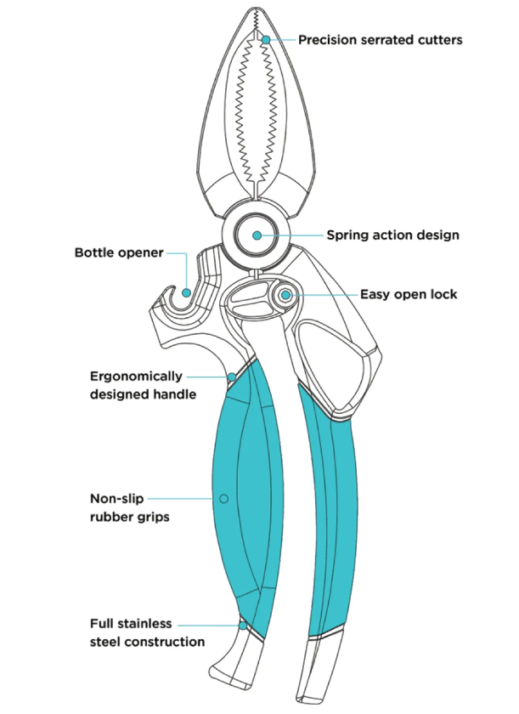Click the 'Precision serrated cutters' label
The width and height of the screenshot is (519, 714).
coord(380,40)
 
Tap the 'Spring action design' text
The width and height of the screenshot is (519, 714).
coord(392,235)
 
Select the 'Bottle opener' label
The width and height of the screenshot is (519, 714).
coord(118,252)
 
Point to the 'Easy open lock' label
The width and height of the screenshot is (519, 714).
coord(409,294)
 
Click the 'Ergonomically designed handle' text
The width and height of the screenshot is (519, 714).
coord(136,384)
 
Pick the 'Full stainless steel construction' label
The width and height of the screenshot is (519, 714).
coord(147,632)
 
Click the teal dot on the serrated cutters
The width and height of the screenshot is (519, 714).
coord(266,40)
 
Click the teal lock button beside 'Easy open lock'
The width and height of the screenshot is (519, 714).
coord(286,294)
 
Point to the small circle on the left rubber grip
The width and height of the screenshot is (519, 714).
coord(223,498)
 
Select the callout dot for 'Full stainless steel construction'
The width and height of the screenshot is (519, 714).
coord(244,625)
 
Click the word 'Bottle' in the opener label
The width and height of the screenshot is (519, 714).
coord(95,252)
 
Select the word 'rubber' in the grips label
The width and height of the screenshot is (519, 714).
coord(110,517)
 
